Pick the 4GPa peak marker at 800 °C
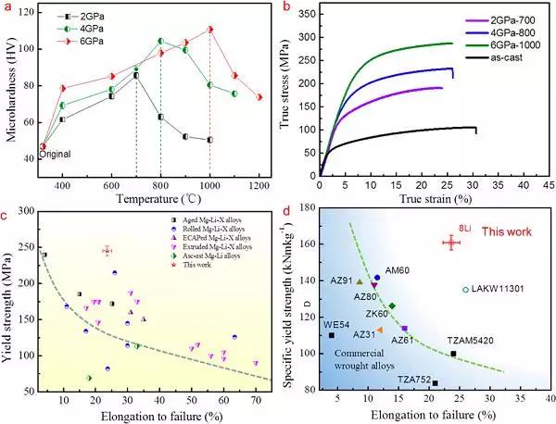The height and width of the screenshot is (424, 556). click(160, 41)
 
